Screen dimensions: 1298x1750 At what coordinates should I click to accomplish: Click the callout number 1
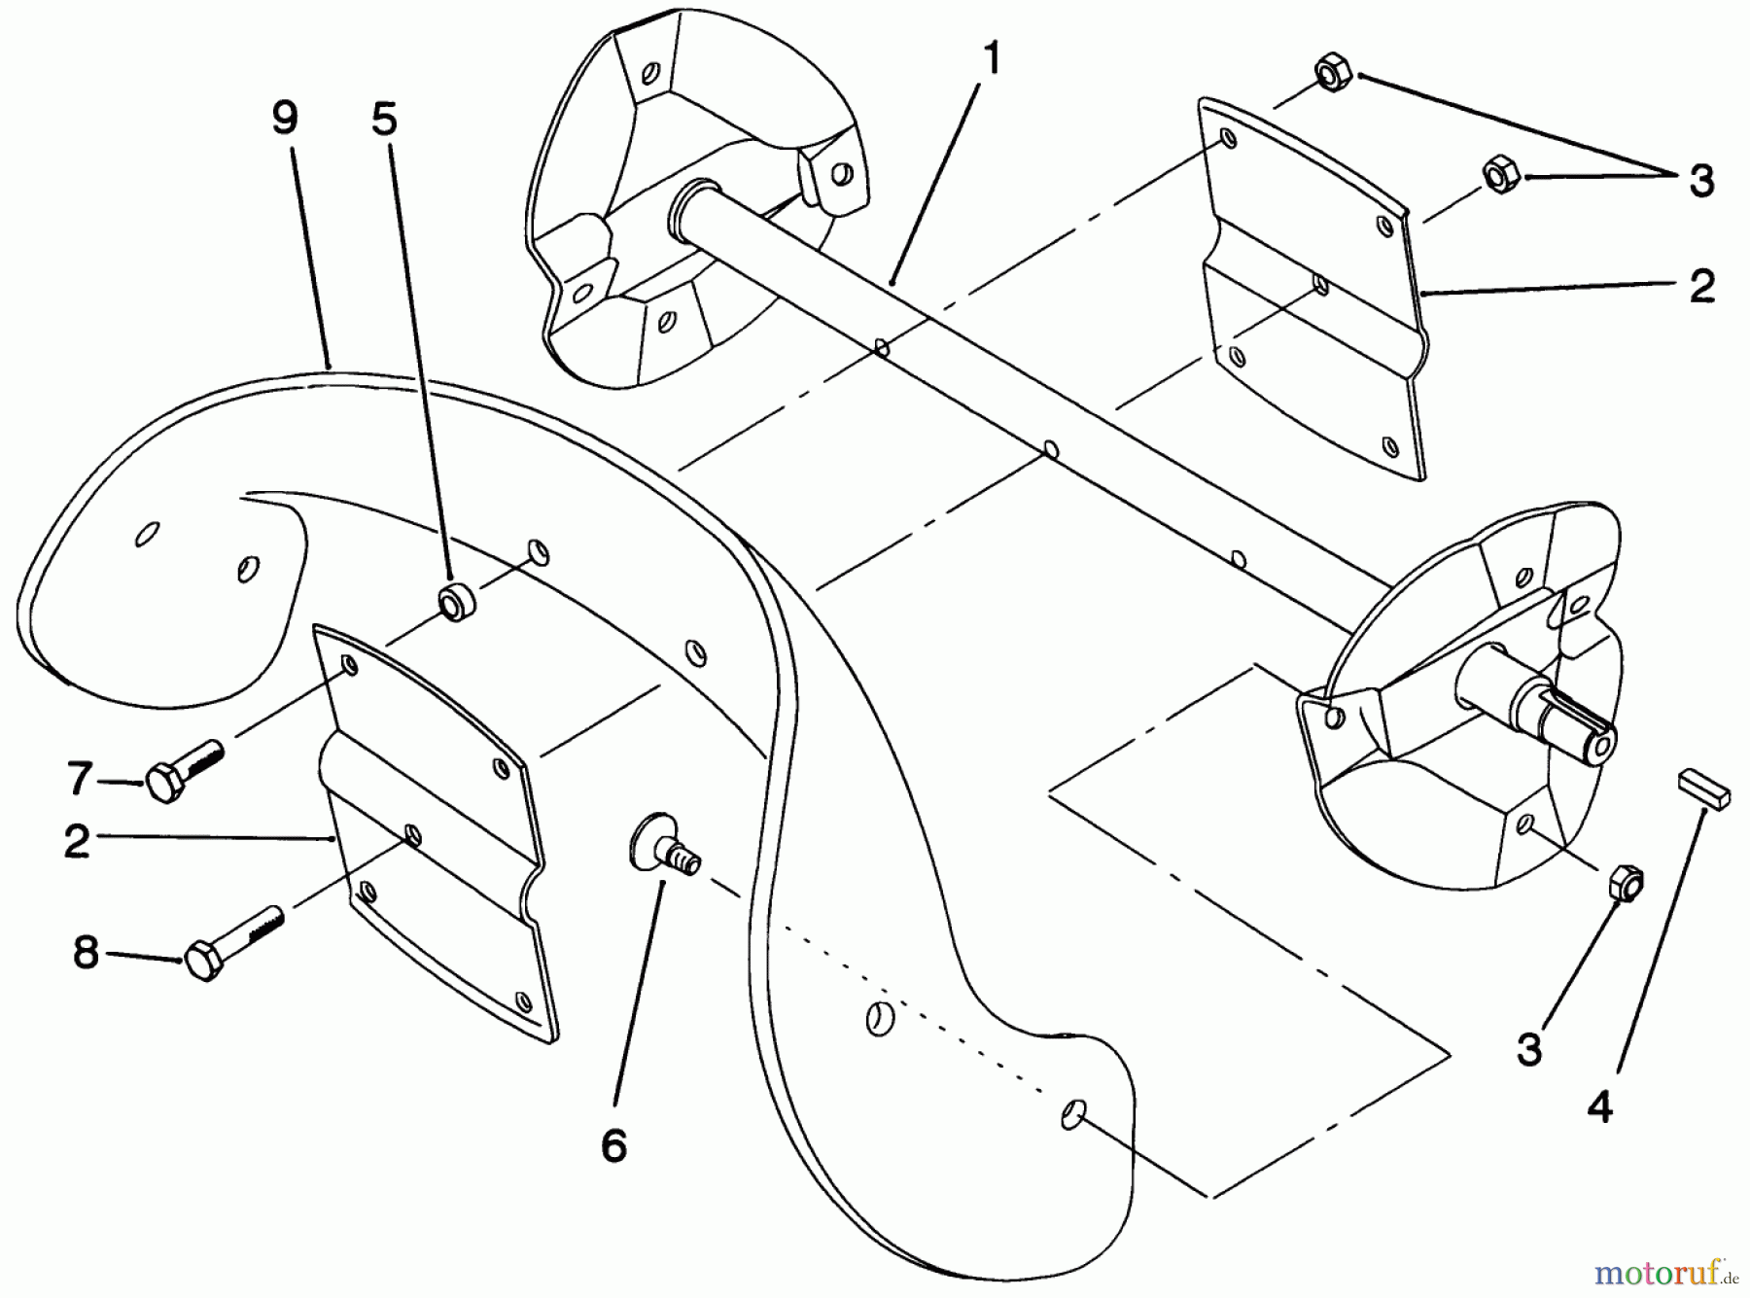pos(990,60)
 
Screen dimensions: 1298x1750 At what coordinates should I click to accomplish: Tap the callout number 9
pos(284,120)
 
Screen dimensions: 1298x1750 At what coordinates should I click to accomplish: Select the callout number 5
pos(385,120)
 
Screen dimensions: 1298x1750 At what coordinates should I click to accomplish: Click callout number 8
pos(86,952)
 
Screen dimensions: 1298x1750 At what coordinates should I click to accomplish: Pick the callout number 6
pos(613,1145)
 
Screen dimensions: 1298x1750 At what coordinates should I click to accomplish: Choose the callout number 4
pos(1600,1107)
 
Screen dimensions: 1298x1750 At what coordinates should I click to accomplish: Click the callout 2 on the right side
pos(1701,288)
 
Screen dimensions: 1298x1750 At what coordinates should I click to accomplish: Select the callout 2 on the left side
pos(78,841)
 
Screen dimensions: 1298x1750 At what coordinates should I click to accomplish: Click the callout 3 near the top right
pos(1700,182)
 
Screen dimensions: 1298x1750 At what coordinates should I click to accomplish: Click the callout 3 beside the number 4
pos(1529,1049)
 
